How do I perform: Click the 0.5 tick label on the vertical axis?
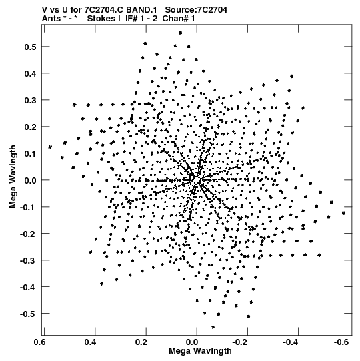(x=31, y=47)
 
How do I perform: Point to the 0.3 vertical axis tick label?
(x=31, y=100)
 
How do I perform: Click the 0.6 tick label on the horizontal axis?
(x=40, y=342)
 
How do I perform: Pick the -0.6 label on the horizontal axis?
(x=342, y=342)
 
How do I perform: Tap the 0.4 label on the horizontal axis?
(x=91, y=342)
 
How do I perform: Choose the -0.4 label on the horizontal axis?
(x=291, y=342)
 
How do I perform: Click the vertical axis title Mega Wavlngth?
(x=13, y=177)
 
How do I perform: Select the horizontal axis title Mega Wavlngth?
(x=200, y=351)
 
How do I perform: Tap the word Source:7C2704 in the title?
(x=196, y=10)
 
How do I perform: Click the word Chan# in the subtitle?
(x=176, y=19)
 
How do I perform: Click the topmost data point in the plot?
(x=181, y=33)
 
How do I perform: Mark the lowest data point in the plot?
(x=213, y=327)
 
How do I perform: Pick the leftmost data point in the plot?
(x=50, y=147)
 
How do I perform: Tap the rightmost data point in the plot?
(x=343, y=213)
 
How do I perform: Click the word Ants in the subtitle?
(x=51, y=19)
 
